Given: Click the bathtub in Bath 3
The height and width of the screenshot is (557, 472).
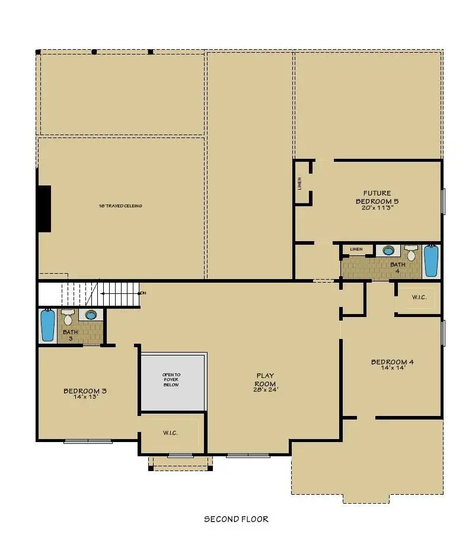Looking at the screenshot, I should coord(47,325).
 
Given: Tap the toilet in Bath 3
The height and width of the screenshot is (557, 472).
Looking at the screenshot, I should coord(68,318).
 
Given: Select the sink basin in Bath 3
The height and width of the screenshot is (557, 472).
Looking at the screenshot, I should coord(91,315).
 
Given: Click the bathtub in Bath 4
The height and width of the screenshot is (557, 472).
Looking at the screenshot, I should coord(431,261).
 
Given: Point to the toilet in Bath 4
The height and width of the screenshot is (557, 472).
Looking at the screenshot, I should coord(410,252).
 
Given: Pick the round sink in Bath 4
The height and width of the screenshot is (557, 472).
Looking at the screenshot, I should coord(388,250).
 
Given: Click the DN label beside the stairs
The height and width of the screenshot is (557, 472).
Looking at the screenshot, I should coord(142,293).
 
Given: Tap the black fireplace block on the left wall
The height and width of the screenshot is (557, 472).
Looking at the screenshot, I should coord(44,209).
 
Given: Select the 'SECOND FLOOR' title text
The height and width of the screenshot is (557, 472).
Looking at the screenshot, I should coord(236,519).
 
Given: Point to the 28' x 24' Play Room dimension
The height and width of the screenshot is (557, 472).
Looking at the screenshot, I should coord(266,389).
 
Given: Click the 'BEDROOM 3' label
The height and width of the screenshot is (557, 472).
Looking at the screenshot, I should coord(85,390).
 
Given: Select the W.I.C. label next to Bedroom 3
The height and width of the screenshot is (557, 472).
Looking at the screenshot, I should coord(170,433).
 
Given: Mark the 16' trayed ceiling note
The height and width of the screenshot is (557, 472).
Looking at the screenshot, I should coord(120,206).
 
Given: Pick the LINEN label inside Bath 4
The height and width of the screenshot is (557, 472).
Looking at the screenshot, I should coord(356,249).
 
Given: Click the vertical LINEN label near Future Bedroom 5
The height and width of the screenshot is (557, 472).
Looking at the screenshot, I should coord(300,184).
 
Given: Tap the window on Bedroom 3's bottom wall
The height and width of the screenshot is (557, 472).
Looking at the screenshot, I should coord(88,441).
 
